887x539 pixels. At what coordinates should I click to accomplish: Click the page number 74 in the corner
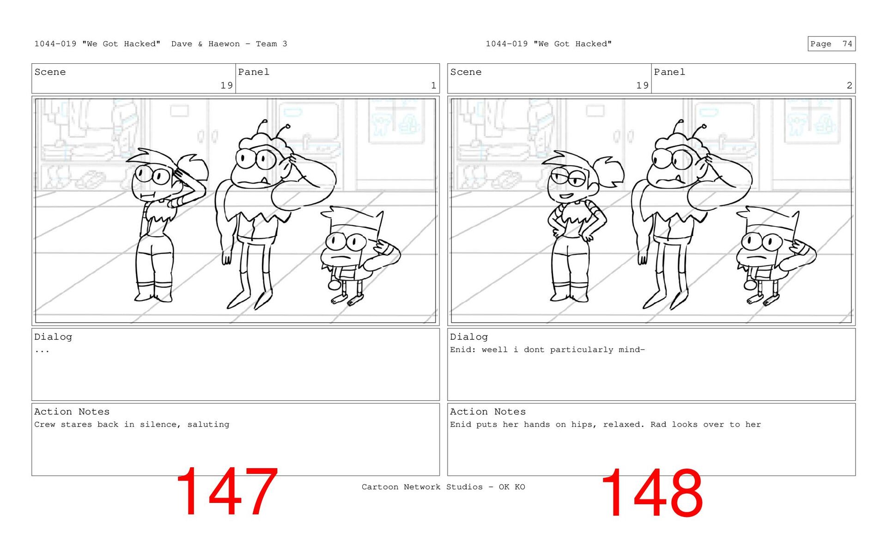tap(847, 44)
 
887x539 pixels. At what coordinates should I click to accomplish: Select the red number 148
tap(652, 493)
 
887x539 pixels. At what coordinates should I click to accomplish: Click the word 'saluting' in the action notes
tap(208, 424)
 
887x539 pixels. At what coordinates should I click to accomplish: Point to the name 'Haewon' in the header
tap(224, 44)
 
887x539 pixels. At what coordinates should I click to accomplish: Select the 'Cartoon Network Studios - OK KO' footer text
tap(443, 487)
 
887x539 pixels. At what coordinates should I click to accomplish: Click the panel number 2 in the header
tap(849, 86)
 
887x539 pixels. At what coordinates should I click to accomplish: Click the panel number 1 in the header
tap(433, 86)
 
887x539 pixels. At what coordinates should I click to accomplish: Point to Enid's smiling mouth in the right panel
tap(566, 196)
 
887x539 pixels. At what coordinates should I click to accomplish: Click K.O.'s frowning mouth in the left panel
tap(342, 257)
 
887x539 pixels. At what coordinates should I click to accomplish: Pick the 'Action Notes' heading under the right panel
tap(488, 411)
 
